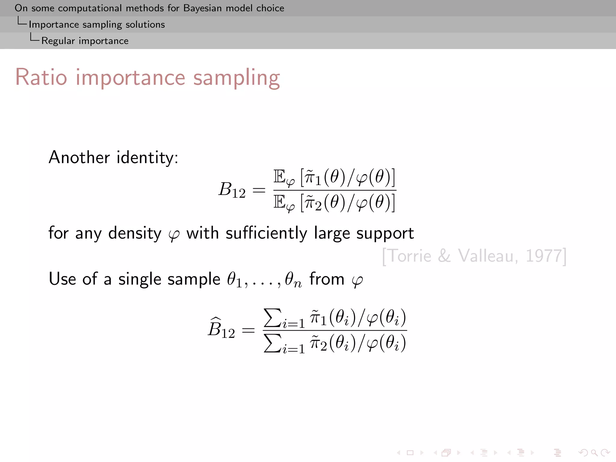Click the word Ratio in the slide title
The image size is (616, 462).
pos(41,77)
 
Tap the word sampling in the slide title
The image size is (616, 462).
pos(236,78)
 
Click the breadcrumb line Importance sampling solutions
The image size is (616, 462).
pos(97,24)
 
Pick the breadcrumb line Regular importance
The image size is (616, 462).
pos(85,41)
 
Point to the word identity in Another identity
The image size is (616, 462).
pos(147,157)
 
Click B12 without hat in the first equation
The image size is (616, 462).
pos(232,190)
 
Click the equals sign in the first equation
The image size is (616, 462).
pos(259,190)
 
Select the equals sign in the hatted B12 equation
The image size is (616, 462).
pos(248,331)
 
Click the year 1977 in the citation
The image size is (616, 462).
pos(544,256)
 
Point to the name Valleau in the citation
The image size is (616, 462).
pos(488,256)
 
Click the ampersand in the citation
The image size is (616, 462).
pos(444,256)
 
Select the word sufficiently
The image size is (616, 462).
pos(266,233)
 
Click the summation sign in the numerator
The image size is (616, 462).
pos(273,317)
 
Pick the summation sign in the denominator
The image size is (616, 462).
pos(273,343)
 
